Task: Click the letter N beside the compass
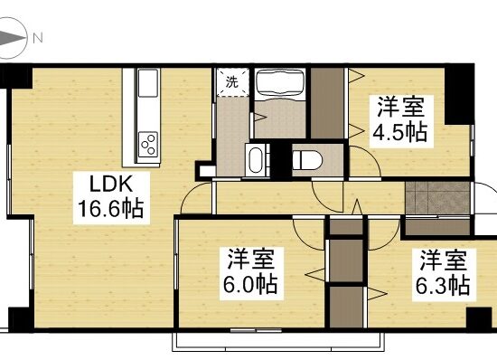click(x=38, y=38)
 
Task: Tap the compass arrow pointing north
click(x=13, y=38)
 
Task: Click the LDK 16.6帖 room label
click(x=111, y=197)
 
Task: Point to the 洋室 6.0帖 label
click(x=251, y=272)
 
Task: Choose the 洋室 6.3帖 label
click(x=443, y=273)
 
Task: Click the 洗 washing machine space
click(x=232, y=82)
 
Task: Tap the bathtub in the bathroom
click(x=280, y=82)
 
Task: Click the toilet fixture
click(x=306, y=160)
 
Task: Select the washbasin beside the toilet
click(x=257, y=160)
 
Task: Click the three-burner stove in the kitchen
click(x=148, y=145)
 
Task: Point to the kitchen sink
click(x=148, y=83)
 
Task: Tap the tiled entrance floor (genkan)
click(x=437, y=197)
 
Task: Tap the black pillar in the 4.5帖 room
click(x=456, y=93)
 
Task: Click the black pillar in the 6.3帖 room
click(x=479, y=318)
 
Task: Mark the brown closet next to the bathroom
click(x=327, y=103)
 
